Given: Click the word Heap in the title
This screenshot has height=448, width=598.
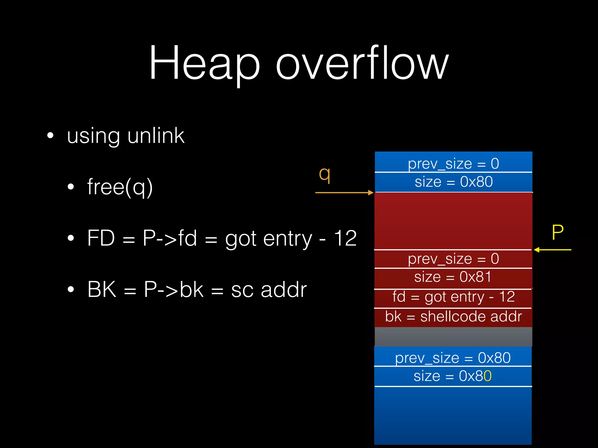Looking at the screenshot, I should tap(204, 63).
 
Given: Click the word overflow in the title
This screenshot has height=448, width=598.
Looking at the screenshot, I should tap(362, 63).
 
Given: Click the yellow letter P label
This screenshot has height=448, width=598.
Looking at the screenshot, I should tap(557, 232).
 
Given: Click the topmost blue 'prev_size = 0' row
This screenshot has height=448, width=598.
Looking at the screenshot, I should tap(453, 163).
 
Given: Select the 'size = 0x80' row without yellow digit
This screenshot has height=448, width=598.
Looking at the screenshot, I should tap(453, 182).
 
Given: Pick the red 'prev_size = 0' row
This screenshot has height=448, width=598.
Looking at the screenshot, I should tap(453, 259).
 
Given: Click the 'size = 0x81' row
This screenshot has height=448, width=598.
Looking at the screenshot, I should tap(453, 277).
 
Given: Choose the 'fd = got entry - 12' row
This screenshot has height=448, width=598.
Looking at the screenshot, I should tap(453, 297).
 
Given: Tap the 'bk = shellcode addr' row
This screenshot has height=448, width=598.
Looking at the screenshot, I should tap(453, 317).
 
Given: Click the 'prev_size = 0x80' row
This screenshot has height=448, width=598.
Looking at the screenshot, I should tap(453, 358).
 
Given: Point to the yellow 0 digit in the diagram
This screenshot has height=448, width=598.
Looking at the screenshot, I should tap(488, 376).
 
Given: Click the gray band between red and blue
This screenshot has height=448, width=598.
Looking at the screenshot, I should tap(453, 337).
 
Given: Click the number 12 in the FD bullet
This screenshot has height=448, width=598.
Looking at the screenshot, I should tap(345, 239).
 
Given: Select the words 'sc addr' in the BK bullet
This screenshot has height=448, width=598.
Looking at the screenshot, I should tap(269, 290).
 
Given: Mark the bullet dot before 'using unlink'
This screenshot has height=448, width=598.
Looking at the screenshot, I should tap(51, 136).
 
